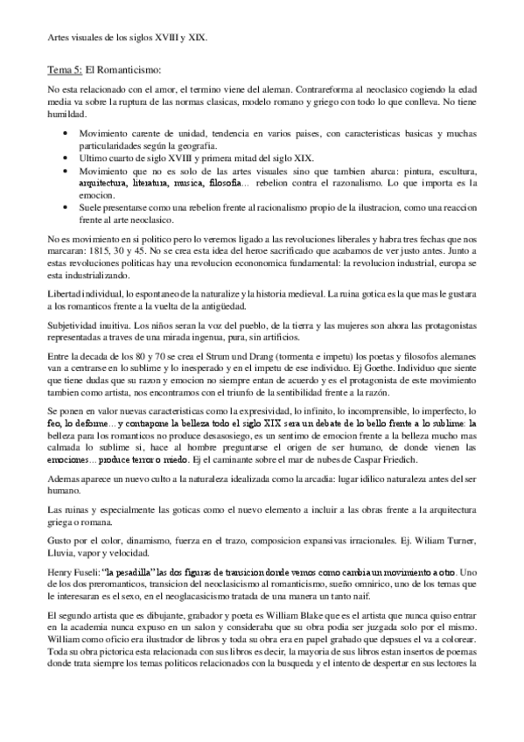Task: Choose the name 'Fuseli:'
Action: coord(92,571)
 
